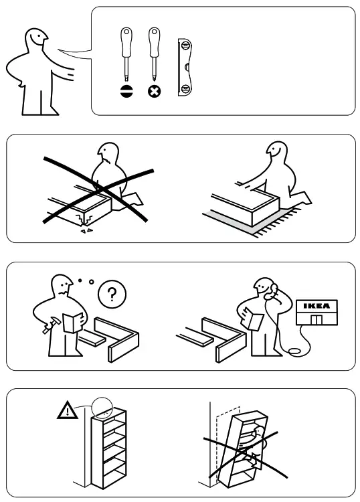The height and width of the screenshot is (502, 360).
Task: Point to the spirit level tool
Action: pyautogui.click(x=185, y=67)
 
